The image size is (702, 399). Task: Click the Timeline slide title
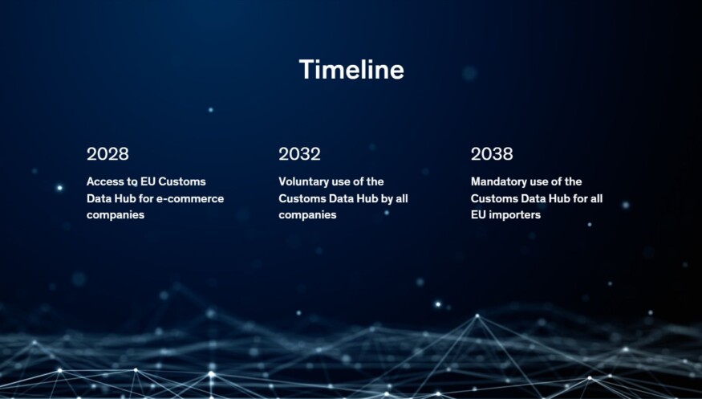point(351,70)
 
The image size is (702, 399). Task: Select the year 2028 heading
point(108,153)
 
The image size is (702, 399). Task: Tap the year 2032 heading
point(299,153)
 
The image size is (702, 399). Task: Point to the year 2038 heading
point(492,153)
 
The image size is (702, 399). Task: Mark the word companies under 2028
point(116,214)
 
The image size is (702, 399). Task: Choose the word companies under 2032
point(307,214)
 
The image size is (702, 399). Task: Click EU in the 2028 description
point(148,181)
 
